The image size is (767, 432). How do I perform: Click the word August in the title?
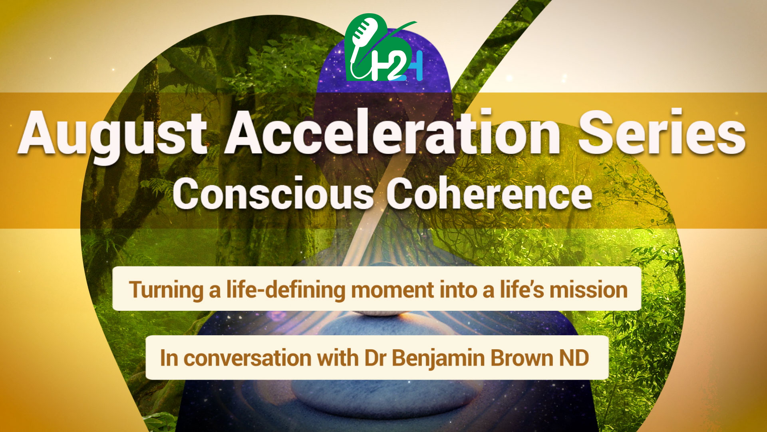click(x=112, y=134)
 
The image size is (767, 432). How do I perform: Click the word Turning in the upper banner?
click(x=166, y=290)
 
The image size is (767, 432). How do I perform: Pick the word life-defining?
click(x=286, y=290)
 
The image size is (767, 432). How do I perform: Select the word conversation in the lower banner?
click(x=248, y=358)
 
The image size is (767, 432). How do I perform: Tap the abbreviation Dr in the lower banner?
click(x=375, y=358)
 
